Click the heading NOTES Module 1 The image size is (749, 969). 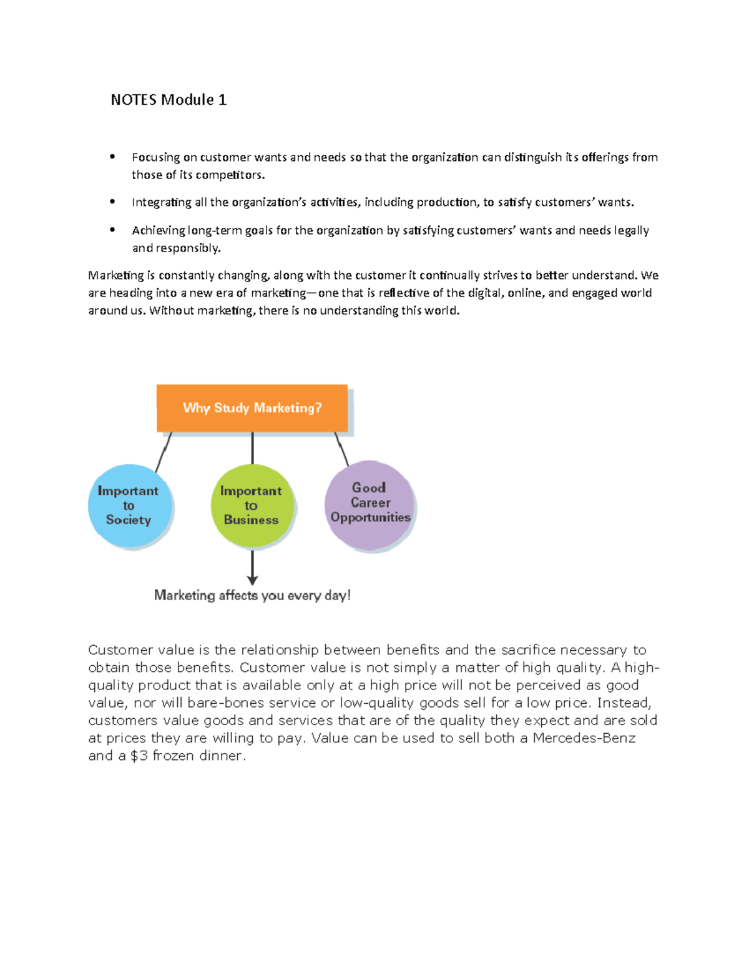169,100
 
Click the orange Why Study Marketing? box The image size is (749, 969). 252,408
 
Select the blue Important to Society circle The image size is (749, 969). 129,505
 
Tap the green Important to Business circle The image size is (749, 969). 252,505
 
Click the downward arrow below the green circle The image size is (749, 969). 252,568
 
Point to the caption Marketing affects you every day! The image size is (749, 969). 252,595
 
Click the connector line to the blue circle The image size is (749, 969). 164,452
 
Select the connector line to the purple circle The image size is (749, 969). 341,449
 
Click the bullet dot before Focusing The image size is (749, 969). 112,157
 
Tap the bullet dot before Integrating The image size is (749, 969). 112,202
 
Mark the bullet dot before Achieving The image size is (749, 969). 112,230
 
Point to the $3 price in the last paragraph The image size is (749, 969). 139,756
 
